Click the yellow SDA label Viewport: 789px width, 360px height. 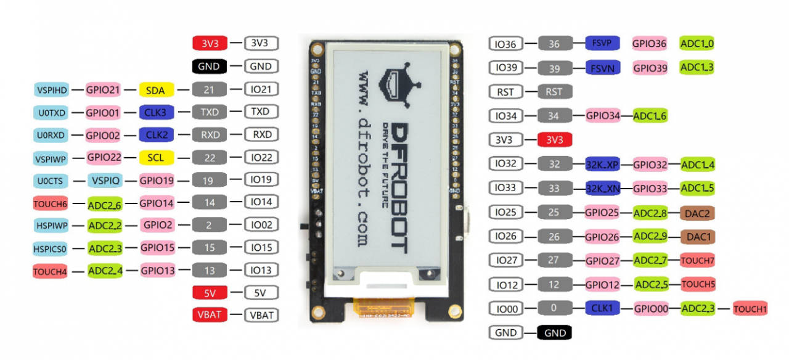click(156, 90)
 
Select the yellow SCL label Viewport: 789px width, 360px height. click(156, 158)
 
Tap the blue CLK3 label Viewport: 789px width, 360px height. click(156, 112)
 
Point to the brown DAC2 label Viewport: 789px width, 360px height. click(697, 213)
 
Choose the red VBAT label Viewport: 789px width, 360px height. click(210, 315)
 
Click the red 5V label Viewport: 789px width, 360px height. click(210, 292)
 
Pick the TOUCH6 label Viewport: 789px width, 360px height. click(50, 203)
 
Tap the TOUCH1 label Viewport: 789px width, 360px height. click(750, 309)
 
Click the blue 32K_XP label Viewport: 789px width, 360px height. click(602, 165)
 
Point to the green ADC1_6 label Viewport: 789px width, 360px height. click(650, 116)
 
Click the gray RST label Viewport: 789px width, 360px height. click(555, 92)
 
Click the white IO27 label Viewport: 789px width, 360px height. click(507, 260)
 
